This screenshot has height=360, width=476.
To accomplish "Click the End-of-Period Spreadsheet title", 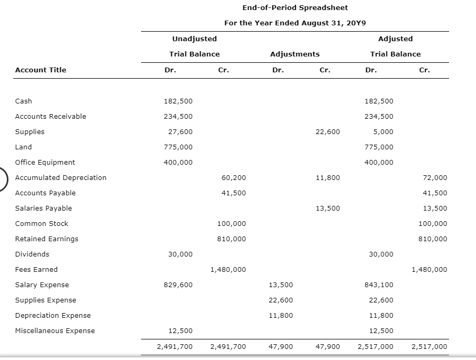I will click(x=295, y=7).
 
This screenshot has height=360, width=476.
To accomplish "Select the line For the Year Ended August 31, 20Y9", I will click(x=295, y=23).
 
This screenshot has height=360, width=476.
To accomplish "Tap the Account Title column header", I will click(x=41, y=70).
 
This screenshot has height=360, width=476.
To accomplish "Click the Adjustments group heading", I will click(x=294, y=54).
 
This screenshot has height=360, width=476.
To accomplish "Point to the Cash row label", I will click(x=23, y=101).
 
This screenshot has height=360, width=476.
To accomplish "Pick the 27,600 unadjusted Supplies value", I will click(x=180, y=131).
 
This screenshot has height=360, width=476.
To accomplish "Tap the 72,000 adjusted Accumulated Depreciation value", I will click(x=436, y=177).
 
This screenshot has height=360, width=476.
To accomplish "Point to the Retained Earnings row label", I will click(x=46, y=239).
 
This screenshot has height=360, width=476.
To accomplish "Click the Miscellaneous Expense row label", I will click(x=55, y=330).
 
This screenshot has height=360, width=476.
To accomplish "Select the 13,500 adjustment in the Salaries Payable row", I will click(x=328, y=208).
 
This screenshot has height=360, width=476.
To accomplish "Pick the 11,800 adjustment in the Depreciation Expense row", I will click(x=281, y=315).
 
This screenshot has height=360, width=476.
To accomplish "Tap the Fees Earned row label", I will click(x=36, y=269).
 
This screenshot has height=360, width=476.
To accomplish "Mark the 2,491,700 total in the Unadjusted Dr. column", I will click(x=175, y=347).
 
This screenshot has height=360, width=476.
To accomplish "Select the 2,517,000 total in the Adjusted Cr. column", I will click(x=429, y=347).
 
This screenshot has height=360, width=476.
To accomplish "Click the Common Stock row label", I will click(x=42, y=223).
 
